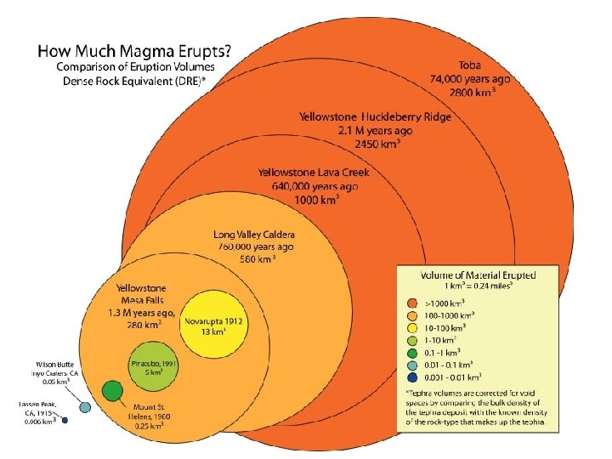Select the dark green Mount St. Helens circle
click(x=111, y=391)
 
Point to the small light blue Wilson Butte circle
click(x=84, y=408)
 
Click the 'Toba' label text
click(x=470, y=65)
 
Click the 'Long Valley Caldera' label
click(x=255, y=234)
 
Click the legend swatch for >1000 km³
click(x=412, y=303)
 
